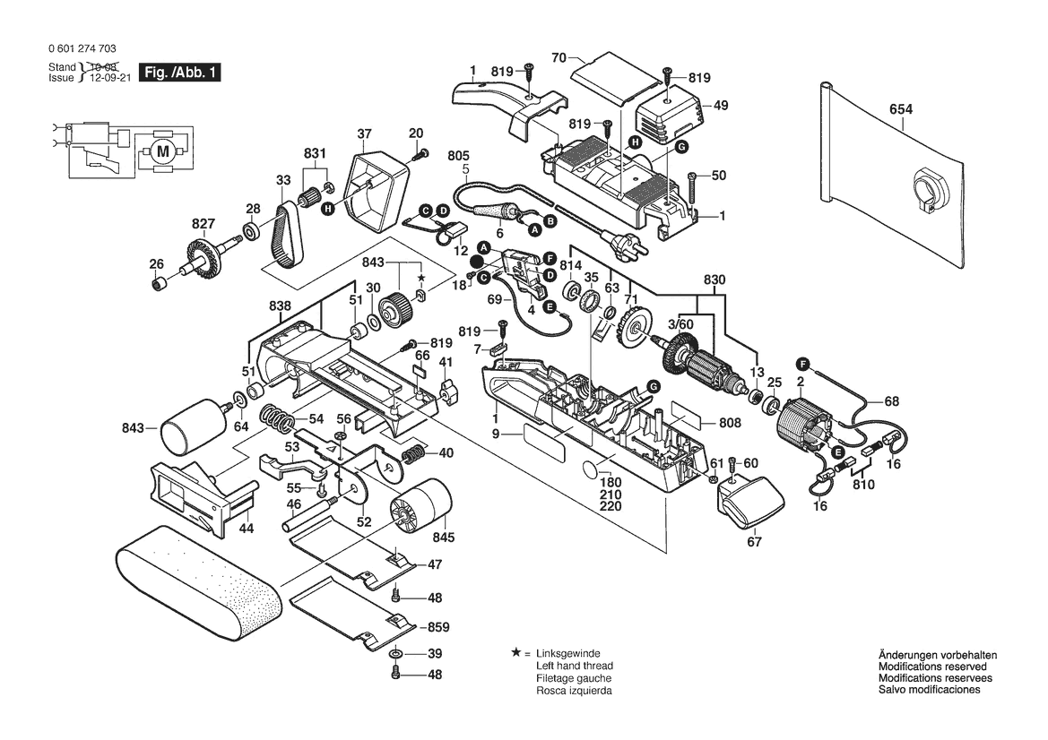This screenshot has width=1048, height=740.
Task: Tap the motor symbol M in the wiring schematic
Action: coord(162,151)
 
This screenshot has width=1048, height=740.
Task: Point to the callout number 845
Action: coord(444,538)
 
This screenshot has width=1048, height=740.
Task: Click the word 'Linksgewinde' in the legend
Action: coord(568,654)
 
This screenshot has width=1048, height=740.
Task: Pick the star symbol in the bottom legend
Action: coord(515,653)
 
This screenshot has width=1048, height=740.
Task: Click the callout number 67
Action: coord(754,541)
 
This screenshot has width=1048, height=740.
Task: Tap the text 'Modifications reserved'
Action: coord(932,667)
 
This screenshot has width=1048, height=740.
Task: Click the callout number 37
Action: coord(364,134)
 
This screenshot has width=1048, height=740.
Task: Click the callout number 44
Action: coord(247,529)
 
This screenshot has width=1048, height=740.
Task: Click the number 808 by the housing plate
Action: coord(730,423)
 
